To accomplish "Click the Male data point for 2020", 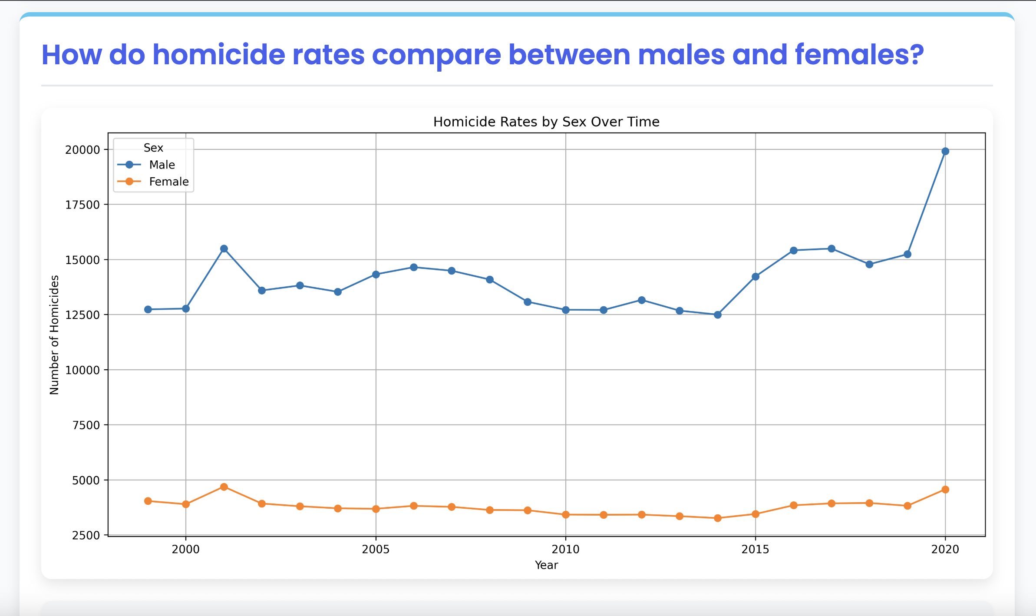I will [945, 151].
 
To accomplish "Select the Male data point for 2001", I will [224, 248].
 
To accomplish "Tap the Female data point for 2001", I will [224, 487].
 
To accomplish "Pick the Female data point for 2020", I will [945, 490].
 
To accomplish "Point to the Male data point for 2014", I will [718, 315].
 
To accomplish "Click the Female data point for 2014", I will [718, 518].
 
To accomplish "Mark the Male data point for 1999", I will [148, 309].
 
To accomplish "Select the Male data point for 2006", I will [414, 267].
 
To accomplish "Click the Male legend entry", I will [162, 165].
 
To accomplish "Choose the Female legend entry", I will [168, 182].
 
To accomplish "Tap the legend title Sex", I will [153, 148].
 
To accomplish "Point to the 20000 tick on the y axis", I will [82, 150].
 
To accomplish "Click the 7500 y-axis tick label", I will [86, 425].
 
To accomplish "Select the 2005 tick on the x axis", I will [376, 550].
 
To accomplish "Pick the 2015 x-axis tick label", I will [756, 550].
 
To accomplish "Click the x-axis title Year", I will [546, 565].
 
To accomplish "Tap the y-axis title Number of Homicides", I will [54, 335].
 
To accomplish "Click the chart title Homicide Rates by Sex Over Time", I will [546, 122].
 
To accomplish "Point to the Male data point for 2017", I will [831, 248].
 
